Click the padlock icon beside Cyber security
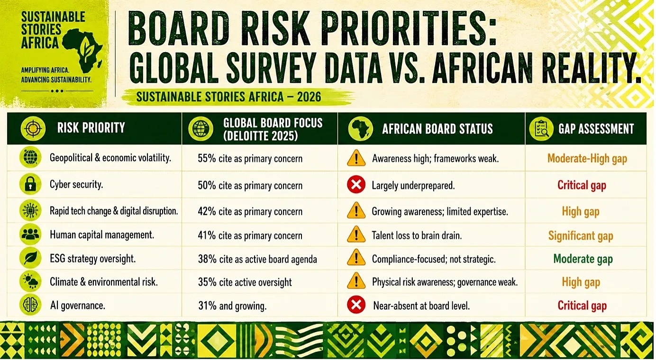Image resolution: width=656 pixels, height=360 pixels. [30, 184]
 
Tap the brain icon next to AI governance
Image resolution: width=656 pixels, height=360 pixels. [30, 305]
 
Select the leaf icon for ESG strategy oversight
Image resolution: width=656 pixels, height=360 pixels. [30, 259]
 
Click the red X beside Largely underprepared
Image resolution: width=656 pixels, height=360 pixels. [356, 185]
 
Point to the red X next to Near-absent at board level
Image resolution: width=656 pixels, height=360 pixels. [356, 305]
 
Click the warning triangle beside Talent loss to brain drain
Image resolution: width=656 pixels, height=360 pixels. [356, 235]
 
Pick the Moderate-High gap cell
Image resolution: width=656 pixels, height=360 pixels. [587, 159]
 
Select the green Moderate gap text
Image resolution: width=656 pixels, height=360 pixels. [583, 259]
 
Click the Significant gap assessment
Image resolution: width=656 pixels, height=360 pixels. [581, 235]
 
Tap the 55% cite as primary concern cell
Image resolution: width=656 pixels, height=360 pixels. [250, 159]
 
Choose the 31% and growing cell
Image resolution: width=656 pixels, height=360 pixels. [232, 306]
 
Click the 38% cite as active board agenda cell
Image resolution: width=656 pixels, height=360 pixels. [257, 259]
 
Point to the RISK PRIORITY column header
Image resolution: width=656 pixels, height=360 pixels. [91, 128]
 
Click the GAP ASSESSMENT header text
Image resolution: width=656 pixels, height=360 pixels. [596, 129]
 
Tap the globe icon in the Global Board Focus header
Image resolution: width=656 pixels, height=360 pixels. [201, 128]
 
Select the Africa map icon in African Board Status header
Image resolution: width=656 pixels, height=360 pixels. [361, 129]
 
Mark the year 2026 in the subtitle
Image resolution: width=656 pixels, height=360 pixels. [309, 97]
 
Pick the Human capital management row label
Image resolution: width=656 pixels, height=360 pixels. [102, 235]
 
